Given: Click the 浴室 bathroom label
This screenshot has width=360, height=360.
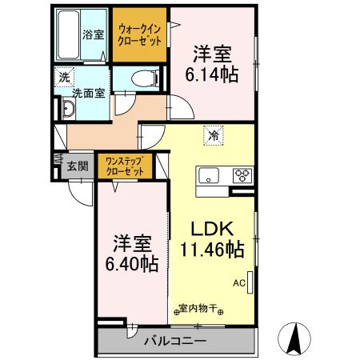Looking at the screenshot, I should tap(94, 34).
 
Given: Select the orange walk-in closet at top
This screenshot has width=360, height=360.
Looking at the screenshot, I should tap(141, 34).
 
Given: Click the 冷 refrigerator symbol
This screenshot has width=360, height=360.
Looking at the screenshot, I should tap(213, 135).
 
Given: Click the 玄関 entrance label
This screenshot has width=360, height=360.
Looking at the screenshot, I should tap(78, 166).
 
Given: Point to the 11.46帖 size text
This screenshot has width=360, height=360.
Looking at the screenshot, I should tap(212, 250).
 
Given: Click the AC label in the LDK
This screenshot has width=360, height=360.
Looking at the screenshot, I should tap(238, 282).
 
